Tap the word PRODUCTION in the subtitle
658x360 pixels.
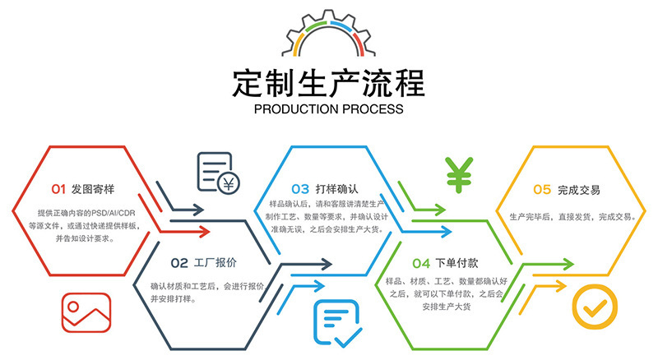coord(297,109)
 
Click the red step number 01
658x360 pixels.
coord(58,189)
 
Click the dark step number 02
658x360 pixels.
coord(180,263)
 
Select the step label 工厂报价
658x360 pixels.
coord(215,263)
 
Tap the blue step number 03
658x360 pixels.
coord(300,189)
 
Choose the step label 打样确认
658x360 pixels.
coord(338,189)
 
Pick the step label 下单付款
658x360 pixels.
coord(457,263)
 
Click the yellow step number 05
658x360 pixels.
coord(542,189)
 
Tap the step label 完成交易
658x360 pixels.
coord(579,189)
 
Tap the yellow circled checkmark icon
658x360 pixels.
coord(591,307)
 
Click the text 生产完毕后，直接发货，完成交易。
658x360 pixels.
coord(571,217)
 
